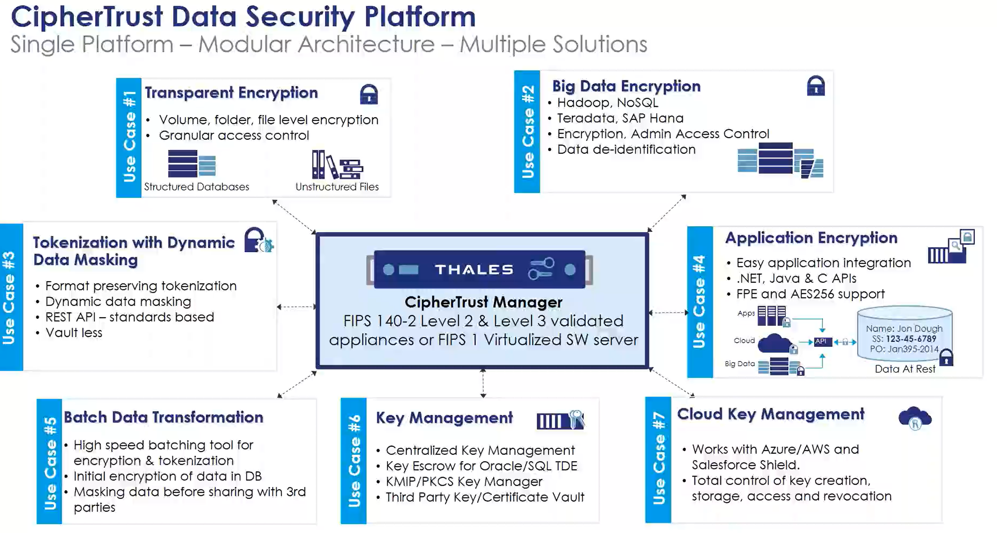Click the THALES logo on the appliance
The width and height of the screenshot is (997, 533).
[x=474, y=269]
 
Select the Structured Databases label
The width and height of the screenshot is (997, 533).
[x=196, y=187]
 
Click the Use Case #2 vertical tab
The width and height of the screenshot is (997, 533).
[x=527, y=131]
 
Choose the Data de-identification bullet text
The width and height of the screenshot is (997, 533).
[x=626, y=150]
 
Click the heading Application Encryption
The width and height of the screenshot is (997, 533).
[x=811, y=238]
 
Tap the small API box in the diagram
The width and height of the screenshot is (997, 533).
[x=821, y=341]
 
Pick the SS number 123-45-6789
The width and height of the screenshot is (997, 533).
[x=910, y=339]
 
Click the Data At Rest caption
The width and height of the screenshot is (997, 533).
[x=905, y=369]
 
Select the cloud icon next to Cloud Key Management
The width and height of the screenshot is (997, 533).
[x=915, y=418]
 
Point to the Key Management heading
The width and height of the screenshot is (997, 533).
[x=444, y=418]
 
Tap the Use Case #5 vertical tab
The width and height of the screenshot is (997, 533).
[x=50, y=462]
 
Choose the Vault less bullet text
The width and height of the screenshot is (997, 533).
[x=74, y=333]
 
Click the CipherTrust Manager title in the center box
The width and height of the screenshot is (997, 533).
[x=483, y=302]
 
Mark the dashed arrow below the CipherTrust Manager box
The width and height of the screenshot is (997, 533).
[x=483, y=383]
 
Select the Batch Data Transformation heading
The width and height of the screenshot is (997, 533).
[x=163, y=417]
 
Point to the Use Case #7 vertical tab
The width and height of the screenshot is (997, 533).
[x=658, y=460]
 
